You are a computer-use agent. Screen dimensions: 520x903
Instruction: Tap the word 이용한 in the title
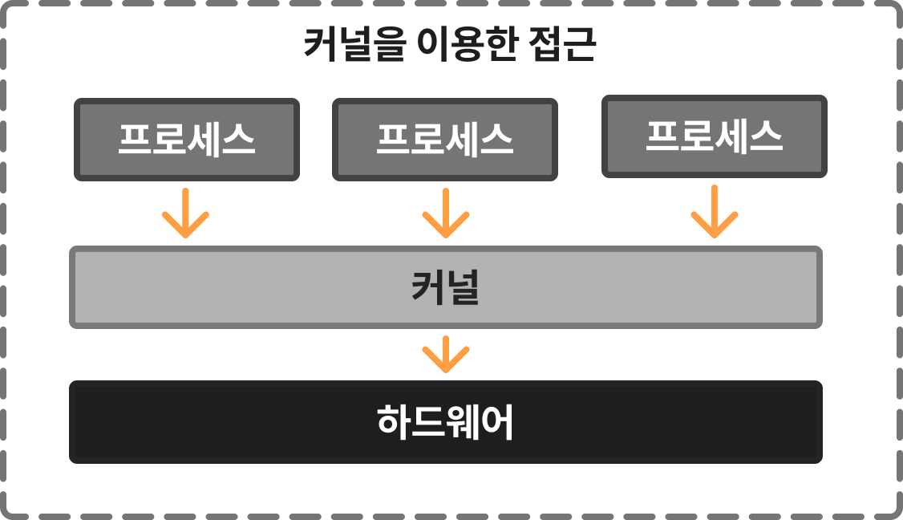tap(465, 46)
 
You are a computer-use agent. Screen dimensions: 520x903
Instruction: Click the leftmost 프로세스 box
tap(187, 140)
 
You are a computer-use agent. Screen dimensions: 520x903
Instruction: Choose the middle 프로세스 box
tap(445, 140)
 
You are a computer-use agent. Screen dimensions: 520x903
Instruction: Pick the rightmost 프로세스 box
tap(715, 136)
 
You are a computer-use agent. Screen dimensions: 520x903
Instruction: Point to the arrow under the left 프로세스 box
tap(185, 213)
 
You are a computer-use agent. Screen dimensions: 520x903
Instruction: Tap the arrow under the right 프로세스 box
tap(715, 212)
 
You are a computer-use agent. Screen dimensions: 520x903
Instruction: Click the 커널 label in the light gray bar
tap(445, 288)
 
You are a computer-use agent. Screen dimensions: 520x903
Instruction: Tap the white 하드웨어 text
tap(445, 422)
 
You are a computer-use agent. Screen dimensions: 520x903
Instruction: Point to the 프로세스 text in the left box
tap(187, 140)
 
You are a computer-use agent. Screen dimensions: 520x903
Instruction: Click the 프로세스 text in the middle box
tap(445, 140)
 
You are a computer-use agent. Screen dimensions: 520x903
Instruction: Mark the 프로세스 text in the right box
tap(715, 136)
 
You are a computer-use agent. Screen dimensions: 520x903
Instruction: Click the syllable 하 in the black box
tap(394, 422)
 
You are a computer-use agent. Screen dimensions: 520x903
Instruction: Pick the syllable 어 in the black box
tap(497, 422)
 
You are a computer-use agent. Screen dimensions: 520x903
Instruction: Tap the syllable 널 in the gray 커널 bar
tap(463, 288)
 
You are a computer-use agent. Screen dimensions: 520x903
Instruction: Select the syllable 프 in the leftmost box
tap(135, 140)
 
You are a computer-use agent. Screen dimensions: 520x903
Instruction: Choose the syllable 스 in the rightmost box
tap(766, 136)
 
